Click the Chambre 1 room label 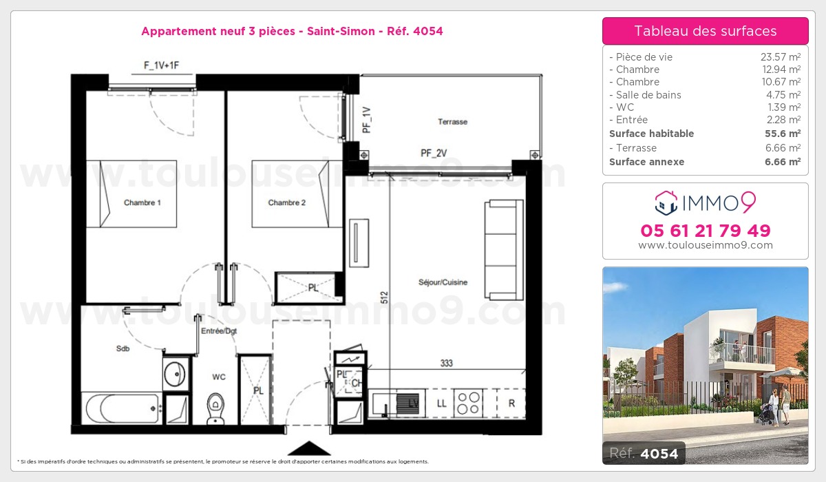point(142,202)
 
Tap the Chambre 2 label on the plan point(286,202)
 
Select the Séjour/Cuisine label point(443,282)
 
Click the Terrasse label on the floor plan point(452,122)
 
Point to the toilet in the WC point(215,408)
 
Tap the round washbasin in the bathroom point(174,374)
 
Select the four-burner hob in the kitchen point(468,403)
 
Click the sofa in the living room point(504,250)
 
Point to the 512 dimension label point(384,297)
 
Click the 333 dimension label point(446,364)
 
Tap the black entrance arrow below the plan point(309,448)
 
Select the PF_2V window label point(434,153)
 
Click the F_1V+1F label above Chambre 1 point(162,65)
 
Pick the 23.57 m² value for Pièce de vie point(781,56)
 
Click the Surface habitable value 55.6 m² point(783,134)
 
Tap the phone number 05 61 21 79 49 point(706,231)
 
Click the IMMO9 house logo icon point(666,203)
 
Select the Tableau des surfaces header point(706,31)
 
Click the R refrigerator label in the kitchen point(511,404)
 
